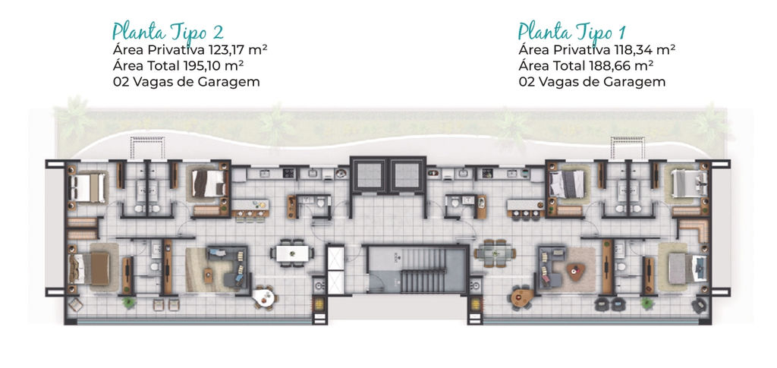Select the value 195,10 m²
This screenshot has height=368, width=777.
pyautogui.click(x=215, y=66)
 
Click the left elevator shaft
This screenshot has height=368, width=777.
pyautogui.click(x=370, y=175)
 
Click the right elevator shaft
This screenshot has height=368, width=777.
pyautogui.click(x=406, y=175)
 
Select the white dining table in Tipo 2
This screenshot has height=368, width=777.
pyautogui.click(x=292, y=253)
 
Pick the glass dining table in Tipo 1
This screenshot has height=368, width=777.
pyautogui.click(x=495, y=253)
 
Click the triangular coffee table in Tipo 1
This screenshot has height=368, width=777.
pyautogui.click(x=575, y=270)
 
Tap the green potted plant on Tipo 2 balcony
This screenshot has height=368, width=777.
pyautogui.click(x=129, y=302)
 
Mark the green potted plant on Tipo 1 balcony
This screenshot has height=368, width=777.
pyautogui.click(x=647, y=303)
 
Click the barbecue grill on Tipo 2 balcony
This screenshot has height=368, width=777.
pyautogui.click(x=319, y=304)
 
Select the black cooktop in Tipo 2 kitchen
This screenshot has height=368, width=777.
pyautogui.click(x=288, y=173)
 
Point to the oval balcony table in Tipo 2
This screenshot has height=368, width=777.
pyautogui.click(x=263, y=297)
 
